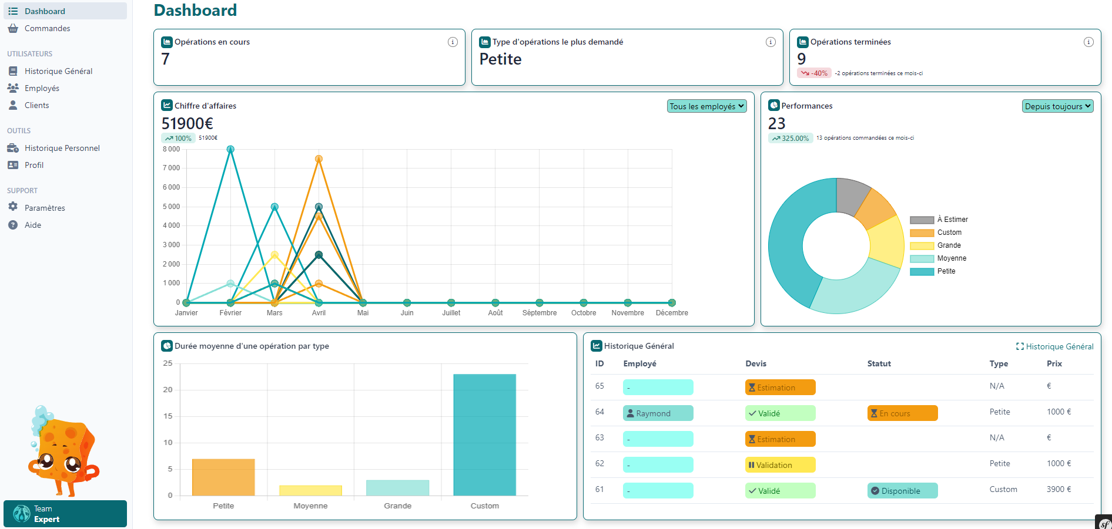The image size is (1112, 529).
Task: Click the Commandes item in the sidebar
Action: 47,28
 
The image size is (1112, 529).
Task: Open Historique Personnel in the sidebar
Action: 62,148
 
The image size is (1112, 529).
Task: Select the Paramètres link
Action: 45,208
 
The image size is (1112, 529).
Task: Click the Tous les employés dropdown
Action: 707,106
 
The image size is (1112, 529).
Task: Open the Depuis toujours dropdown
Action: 1057,106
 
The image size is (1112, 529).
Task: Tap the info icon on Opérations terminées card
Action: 1088,42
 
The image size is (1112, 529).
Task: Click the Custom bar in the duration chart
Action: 484,434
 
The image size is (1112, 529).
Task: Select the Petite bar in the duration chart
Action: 223,477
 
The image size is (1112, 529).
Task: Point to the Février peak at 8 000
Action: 230,150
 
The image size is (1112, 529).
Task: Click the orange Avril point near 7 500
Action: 319,159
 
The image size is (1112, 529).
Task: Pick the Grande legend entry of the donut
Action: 949,245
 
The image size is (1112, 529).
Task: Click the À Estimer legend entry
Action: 952,220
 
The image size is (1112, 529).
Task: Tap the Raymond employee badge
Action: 658,413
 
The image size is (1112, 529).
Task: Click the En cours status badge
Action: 902,413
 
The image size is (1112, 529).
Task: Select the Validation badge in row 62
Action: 780,465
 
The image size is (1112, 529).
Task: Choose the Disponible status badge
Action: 902,491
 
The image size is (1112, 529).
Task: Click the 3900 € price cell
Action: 1059,489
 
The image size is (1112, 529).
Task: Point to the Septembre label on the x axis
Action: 539,313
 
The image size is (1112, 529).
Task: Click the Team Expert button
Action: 65,514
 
